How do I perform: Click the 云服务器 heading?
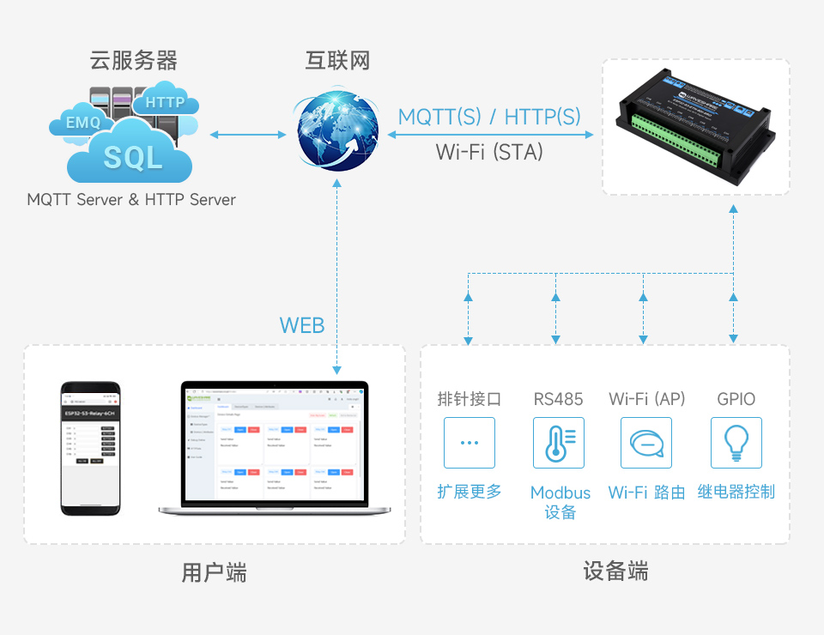[x=133, y=61]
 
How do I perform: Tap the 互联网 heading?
[x=337, y=61]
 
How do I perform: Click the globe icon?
[x=337, y=133]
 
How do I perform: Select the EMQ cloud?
[x=83, y=123]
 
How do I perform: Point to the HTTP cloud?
[x=165, y=102]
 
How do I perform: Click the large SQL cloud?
[x=133, y=157]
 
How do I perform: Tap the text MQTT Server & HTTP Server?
[x=131, y=200]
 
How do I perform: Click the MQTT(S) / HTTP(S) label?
[x=489, y=117]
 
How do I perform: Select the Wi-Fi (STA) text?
[x=489, y=152]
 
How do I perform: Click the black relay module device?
[x=695, y=126]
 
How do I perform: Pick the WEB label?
[x=302, y=325]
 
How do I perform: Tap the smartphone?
[x=90, y=448]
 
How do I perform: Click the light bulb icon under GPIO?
[x=736, y=443]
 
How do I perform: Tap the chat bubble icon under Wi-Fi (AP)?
[x=645, y=443]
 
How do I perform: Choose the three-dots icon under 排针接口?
[x=469, y=443]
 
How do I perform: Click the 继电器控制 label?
[x=736, y=492]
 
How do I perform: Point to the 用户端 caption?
[x=214, y=572]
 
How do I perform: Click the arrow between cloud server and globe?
[x=248, y=135]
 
